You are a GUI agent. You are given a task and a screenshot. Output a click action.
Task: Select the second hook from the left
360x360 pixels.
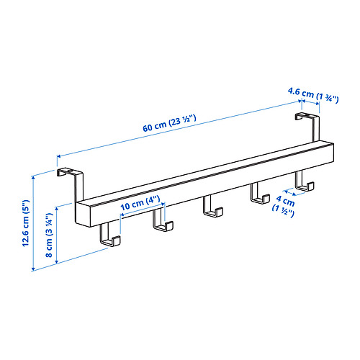161,225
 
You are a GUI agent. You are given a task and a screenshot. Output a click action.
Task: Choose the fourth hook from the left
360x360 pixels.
256,194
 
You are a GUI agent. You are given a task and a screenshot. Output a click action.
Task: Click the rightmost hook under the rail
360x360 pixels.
302,183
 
